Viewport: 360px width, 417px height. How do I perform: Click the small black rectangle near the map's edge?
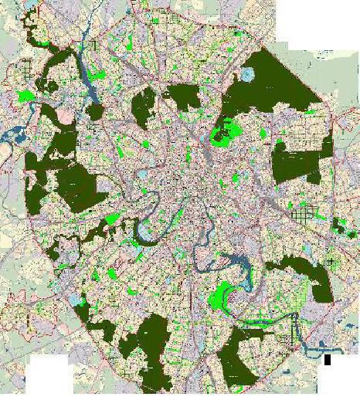[328, 359]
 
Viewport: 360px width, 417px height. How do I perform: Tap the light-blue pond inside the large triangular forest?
[247, 76]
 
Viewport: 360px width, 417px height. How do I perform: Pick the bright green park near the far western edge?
[25, 97]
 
